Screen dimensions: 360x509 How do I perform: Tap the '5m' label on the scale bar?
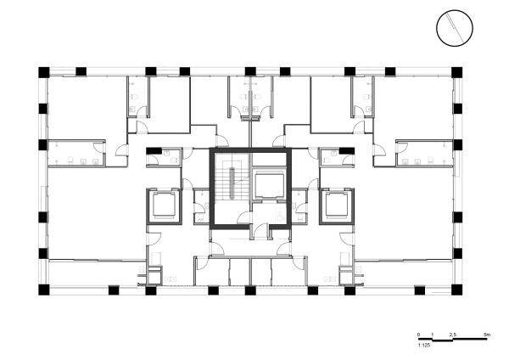[485, 336]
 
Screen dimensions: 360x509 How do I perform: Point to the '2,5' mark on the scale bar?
[454, 336]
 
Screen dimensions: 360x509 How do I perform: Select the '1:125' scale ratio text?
[423, 345]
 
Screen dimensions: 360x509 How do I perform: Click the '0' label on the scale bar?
[419, 336]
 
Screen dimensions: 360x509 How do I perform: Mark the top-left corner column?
[44, 71]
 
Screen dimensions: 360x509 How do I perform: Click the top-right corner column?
[456, 71]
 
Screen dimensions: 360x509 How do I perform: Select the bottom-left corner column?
[44, 290]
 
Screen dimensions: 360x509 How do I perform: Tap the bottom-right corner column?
[456, 290]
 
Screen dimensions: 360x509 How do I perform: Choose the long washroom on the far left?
[75, 153]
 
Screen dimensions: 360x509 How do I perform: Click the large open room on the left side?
[93, 212]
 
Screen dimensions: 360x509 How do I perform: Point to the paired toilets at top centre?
[250, 98]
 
